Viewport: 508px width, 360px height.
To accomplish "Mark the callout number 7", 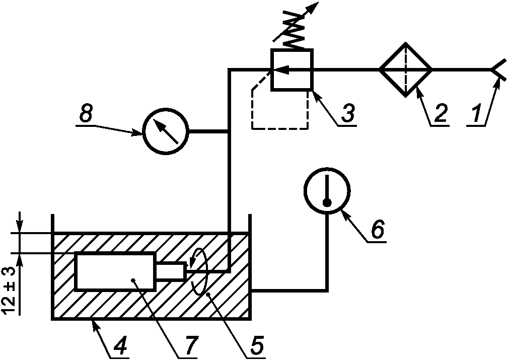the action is [x=189, y=346].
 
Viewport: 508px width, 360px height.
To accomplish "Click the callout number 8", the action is [x=85, y=113].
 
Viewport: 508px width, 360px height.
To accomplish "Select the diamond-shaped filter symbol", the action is [x=406, y=69].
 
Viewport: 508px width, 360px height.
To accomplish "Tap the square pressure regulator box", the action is [x=292, y=69].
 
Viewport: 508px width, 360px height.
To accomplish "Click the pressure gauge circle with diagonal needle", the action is [x=166, y=131].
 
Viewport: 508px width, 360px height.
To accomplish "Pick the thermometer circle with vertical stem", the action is [x=327, y=190].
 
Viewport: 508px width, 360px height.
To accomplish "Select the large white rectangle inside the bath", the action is [x=115, y=270].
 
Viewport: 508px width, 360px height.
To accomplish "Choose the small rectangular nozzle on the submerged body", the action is [x=171, y=270].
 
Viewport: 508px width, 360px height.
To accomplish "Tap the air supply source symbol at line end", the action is [x=499, y=69].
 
